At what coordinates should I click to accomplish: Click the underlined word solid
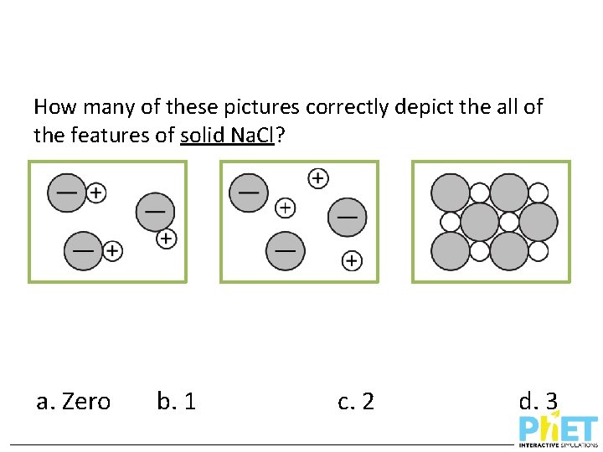201,134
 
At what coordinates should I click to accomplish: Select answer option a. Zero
74,402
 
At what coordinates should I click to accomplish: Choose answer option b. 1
177,402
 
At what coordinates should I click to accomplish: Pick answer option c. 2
356,402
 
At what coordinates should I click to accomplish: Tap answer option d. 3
539,402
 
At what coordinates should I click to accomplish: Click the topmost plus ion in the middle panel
318,178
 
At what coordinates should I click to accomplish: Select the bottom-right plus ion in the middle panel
353,261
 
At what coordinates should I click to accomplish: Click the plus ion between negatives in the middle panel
286,207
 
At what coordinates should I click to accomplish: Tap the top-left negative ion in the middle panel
249,192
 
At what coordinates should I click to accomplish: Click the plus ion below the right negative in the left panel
167,239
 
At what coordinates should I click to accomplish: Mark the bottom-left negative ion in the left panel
83,250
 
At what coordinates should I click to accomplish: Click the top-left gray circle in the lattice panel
451,193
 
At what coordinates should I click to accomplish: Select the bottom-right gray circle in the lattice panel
509,250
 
